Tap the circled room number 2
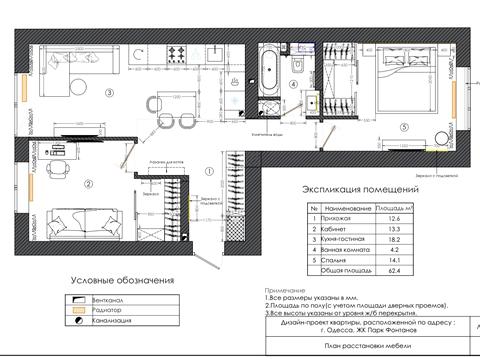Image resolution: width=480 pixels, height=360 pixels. coord(116,182)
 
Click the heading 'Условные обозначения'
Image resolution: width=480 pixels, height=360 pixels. coord(120,281)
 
